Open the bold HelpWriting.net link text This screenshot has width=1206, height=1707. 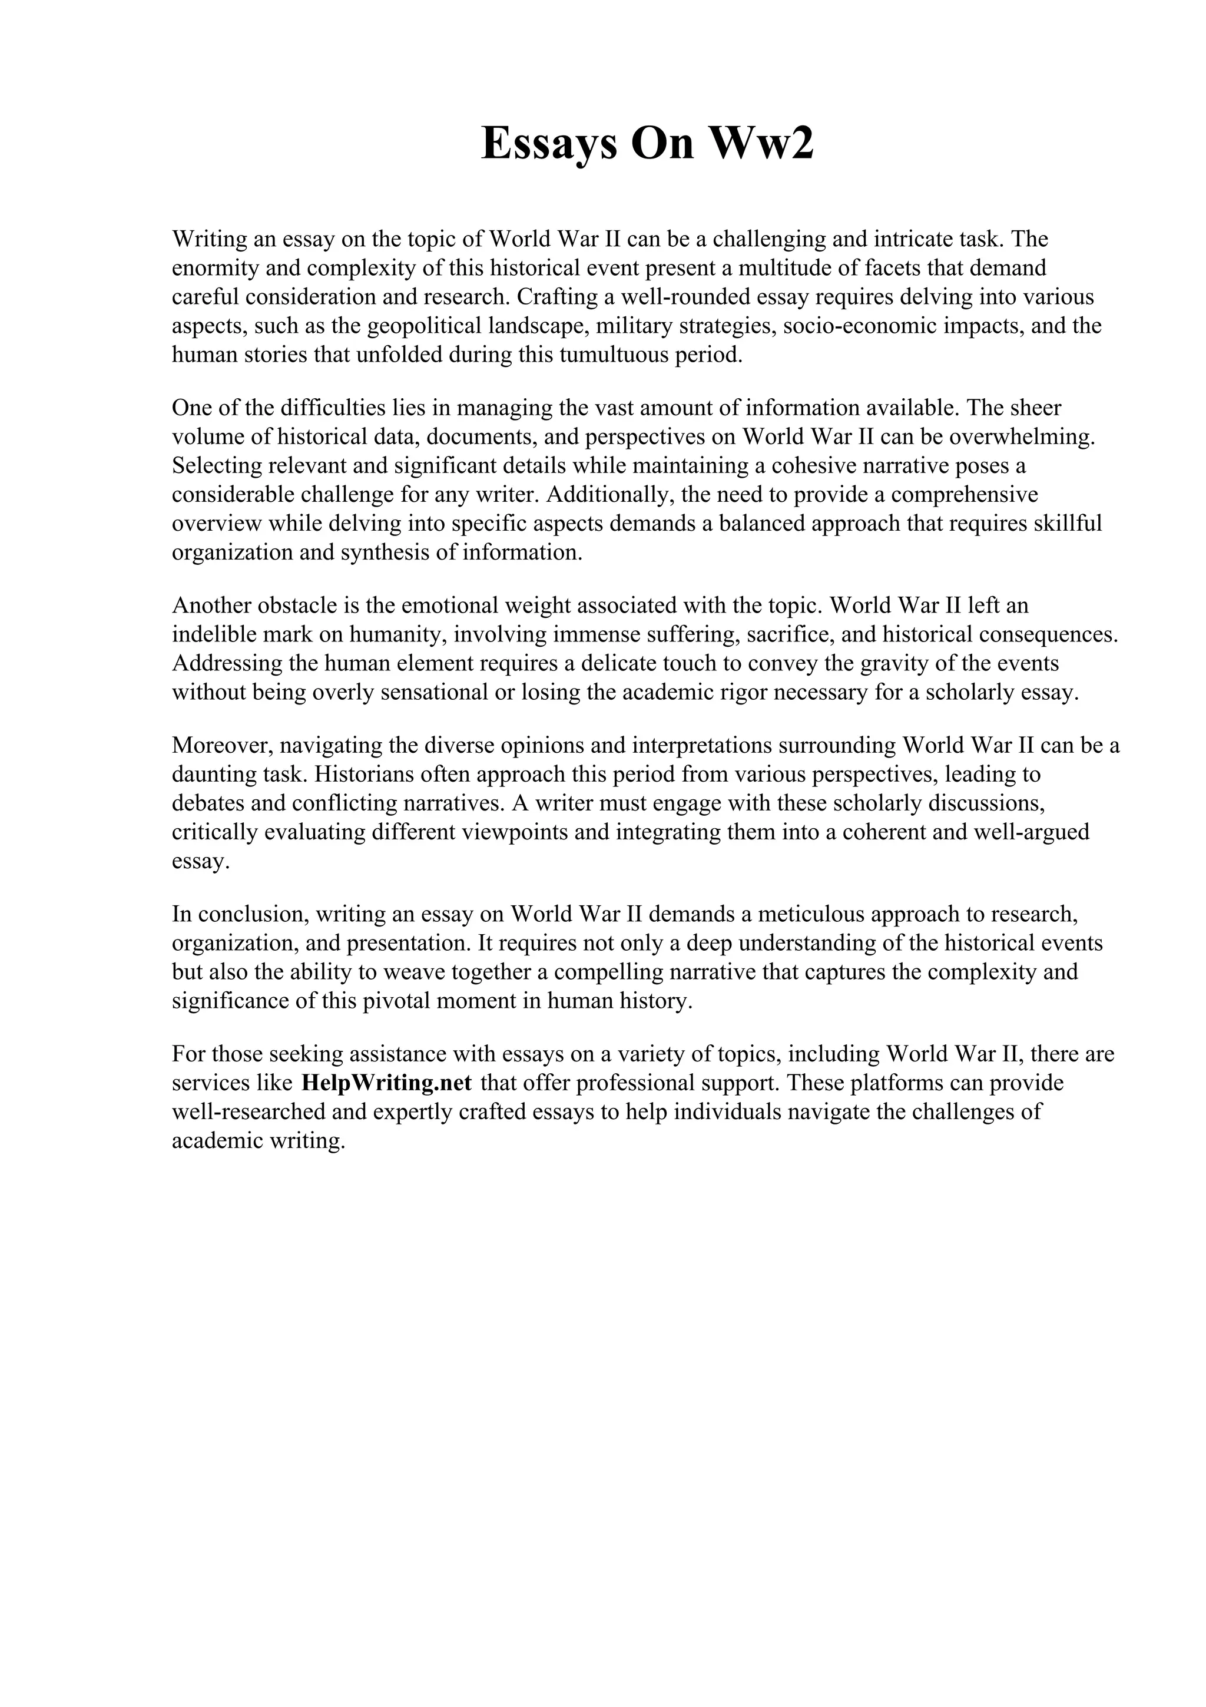coord(386,1083)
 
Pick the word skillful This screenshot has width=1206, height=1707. coord(1067,524)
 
